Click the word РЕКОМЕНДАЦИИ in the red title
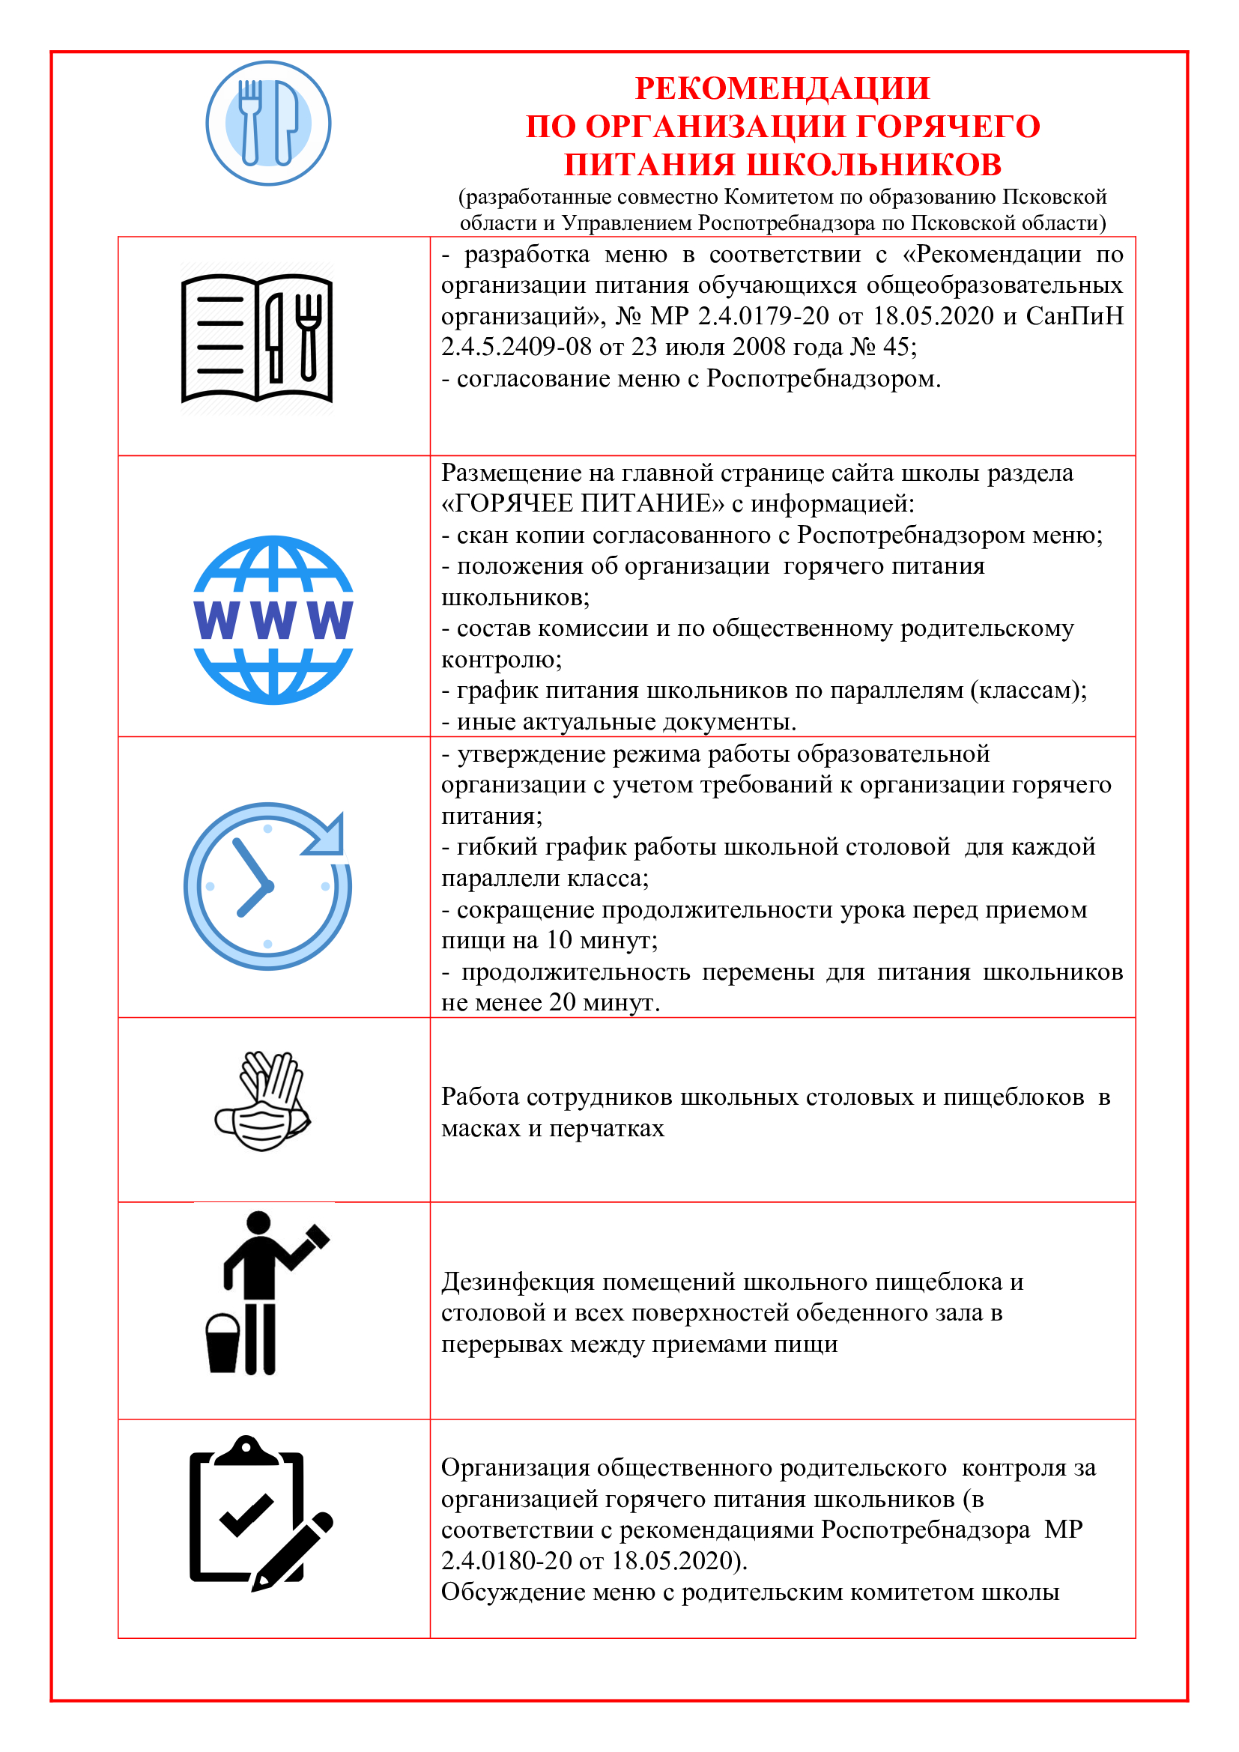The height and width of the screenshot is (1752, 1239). pos(782,88)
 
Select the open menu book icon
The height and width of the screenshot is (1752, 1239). pos(257,337)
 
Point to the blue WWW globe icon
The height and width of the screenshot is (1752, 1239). pos(273,619)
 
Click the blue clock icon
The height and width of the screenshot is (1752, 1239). pos(267,885)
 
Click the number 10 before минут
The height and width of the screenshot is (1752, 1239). pos(560,940)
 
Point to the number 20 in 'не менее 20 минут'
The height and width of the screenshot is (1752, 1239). pos(563,1002)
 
